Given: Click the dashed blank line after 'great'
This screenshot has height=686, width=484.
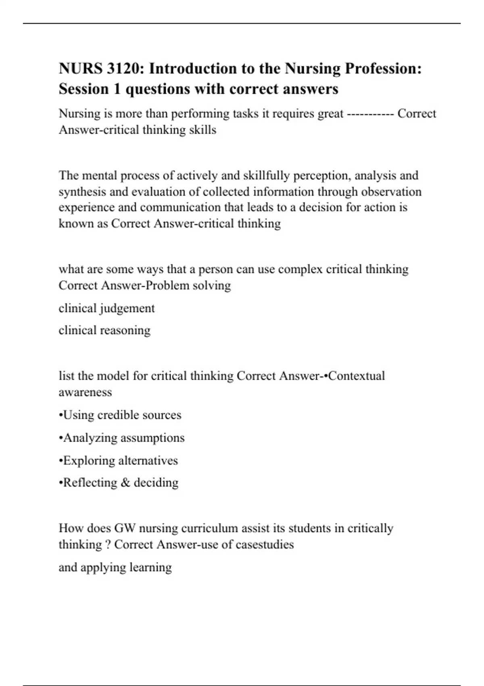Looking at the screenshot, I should click(x=370, y=114).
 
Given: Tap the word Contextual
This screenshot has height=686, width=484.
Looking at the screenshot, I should click(x=357, y=376).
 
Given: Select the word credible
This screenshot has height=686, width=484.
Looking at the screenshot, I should click(x=118, y=415).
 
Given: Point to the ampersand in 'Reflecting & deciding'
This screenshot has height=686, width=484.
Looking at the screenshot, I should click(x=125, y=483).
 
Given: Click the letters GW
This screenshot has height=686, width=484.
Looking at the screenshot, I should click(x=125, y=528).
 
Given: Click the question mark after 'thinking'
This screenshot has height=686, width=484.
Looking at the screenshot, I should click(x=108, y=545).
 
